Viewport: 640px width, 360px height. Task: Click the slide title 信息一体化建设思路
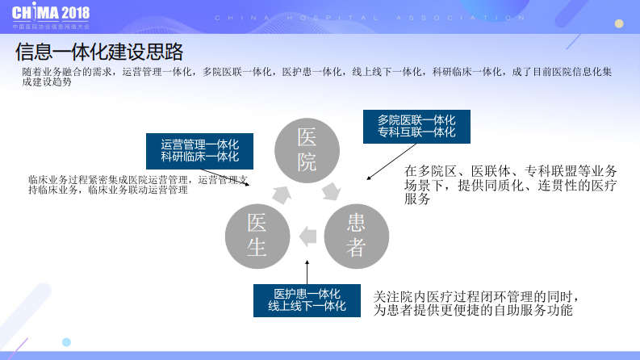(x=99, y=52)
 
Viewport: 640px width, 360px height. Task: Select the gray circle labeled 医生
(x=257, y=235)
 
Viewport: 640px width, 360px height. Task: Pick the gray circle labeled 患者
(x=356, y=235)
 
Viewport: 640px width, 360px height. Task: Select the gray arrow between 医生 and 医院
(x=280, y=194)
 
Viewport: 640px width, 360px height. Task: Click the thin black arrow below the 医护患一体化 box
(x=307, y=271)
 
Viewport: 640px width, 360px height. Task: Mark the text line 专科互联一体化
(x=416, y=132)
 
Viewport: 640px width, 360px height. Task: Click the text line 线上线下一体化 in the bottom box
(x=307, y=306)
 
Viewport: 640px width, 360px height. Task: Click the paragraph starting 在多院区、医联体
(x=510, y=185)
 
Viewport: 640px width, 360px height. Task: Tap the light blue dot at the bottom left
(x=66, y=342)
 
